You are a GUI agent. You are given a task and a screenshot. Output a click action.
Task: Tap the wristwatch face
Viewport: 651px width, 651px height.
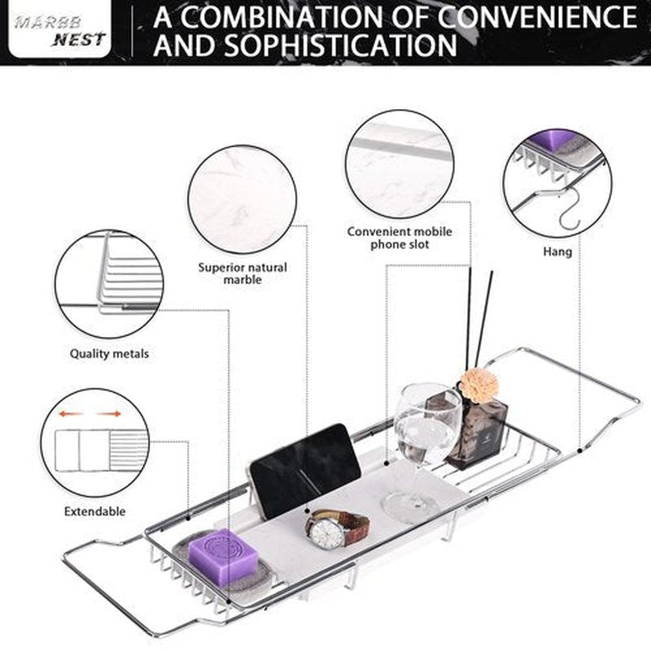point(327,532)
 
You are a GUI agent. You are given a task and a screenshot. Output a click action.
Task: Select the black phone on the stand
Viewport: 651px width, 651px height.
point(305,471)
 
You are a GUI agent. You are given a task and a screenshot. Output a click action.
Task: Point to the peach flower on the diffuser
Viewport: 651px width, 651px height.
point(479,385)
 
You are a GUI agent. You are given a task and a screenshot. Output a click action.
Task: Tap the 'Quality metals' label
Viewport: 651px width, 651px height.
point(109,354)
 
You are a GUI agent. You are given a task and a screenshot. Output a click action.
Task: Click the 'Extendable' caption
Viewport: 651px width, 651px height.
point(94,511)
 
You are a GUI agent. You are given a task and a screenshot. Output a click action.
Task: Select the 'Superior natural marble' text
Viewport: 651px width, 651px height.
point(242,273)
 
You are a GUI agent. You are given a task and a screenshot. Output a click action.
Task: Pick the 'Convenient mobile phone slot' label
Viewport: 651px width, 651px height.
point(400,238)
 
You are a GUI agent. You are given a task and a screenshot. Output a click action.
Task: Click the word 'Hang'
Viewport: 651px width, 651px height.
point(557,251)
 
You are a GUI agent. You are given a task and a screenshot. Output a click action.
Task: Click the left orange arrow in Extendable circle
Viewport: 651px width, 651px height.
point(71,414)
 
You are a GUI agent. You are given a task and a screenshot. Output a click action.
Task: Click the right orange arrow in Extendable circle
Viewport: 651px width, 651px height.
point(109,414)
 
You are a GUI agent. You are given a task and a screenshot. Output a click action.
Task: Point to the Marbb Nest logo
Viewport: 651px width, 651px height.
point(59,29)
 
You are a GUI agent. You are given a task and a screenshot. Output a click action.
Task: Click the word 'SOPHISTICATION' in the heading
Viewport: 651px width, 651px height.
point(340,45)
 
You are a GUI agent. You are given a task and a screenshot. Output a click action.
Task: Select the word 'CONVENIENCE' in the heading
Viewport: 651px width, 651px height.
point(537,16)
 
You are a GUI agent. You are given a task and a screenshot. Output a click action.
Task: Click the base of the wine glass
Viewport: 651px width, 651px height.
point(411,502)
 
